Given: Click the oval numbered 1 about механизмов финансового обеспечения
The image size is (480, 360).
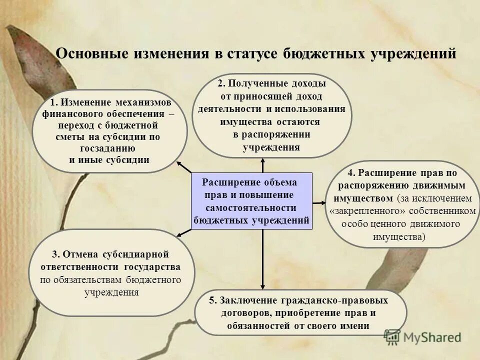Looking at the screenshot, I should (109, 131).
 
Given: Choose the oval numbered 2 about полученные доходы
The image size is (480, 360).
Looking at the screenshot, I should (272, 115).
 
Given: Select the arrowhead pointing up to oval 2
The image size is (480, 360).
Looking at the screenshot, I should (262, 161).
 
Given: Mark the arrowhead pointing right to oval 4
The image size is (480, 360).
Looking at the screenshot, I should (320, 202).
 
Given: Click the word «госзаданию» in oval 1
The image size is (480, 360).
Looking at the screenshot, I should (107, 148).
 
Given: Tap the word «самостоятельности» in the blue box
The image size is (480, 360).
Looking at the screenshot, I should (251, 207).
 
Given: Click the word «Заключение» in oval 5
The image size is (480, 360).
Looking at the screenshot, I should (242, 300).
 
